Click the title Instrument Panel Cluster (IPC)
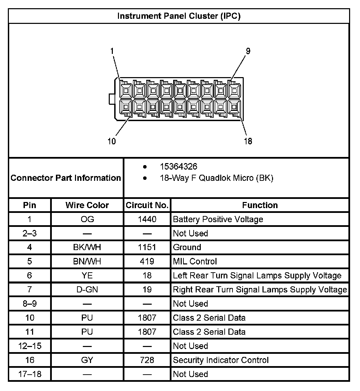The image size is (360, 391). [179, 16]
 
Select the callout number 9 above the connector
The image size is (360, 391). [248, 51]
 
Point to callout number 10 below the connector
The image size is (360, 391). [112, 141]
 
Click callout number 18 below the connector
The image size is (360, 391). [248, 141]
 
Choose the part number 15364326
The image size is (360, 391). [179, 167]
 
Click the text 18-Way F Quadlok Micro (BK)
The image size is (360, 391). [216, 178]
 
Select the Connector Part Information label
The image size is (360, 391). [66, 178]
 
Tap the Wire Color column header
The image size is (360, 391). [87, 205]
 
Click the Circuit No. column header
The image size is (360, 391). [147, 205]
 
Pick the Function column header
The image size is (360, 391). [260, 205]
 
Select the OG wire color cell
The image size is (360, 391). [87, 219]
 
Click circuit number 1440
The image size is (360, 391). [147, 219]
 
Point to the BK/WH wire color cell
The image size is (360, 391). [87, 247]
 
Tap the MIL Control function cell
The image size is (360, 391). [195, 261]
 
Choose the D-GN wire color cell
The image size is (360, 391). [87, 290]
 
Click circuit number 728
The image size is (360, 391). [147, 360]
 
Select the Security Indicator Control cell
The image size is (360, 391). [221, 360]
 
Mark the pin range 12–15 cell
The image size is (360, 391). [30, 346]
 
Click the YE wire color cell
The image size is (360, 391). [87, 275]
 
